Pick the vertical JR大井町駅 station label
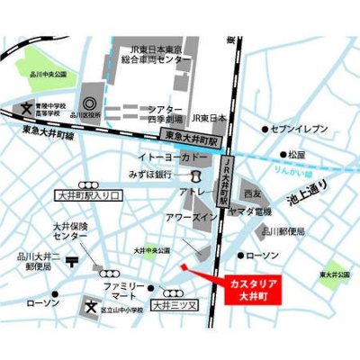tap(225, 176)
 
